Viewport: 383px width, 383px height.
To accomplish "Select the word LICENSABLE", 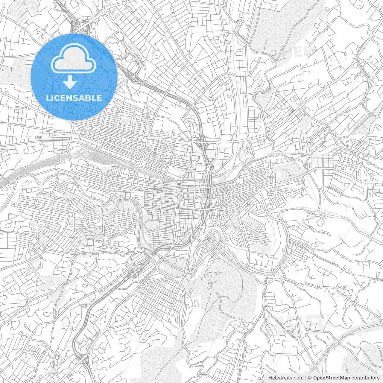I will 74,98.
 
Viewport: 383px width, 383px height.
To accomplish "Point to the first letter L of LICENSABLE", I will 48,98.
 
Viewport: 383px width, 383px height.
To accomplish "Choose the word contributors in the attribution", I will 365,378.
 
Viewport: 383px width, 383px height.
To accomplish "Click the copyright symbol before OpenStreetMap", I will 310,378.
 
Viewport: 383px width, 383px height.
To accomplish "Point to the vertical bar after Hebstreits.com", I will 306,378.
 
